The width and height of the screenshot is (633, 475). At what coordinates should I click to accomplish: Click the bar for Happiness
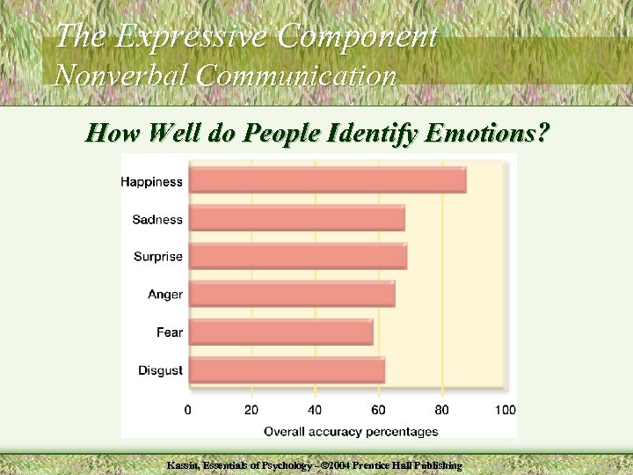point(327,180)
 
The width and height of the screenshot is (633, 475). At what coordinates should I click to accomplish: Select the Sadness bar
point(296,218)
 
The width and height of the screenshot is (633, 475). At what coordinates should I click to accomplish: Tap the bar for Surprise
point(297,256)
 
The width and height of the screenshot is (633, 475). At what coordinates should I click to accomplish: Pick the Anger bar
point(292,294)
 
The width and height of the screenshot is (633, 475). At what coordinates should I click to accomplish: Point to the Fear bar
point(280,332)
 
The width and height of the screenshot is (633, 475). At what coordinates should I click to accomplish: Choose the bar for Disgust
point(287,369)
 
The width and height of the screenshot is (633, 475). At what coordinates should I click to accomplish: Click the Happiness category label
point(151,182)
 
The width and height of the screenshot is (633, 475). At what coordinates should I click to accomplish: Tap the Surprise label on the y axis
point(158,257)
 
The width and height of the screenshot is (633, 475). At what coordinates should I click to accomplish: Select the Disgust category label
point(160,370)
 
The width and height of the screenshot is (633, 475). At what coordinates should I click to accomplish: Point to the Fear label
point(170,332)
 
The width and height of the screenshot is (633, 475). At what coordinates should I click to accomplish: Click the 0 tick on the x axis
point(188,410)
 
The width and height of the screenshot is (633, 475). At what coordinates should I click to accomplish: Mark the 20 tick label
point(251,410)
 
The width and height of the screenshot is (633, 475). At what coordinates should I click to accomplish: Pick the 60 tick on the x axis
point(378,410)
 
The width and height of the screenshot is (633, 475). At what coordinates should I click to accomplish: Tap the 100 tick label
point(506,410)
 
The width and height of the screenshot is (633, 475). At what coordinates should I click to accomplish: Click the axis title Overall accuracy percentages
point(351,431)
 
